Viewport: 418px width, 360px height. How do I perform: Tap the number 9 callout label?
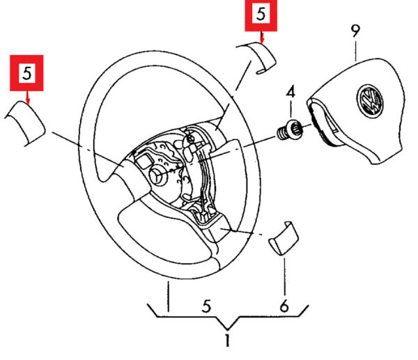pos(355,31)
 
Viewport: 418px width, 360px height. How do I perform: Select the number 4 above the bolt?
pos(291,91)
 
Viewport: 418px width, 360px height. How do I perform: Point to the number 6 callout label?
pos(284,304)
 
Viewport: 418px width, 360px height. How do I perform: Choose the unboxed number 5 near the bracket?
pos(206,304)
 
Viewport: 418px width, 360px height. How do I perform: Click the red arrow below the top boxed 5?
pos(261,37)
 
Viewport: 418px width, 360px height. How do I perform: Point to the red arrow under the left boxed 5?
pos(26,96)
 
